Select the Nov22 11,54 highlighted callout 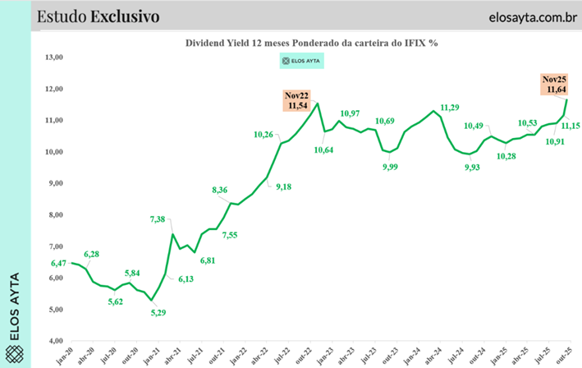coord(296,100)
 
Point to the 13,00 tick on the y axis coord(54,57)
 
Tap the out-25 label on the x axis coord(565,354)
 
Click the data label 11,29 coord(450,107)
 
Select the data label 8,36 coord(220,191)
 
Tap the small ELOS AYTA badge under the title coord(302,60)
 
